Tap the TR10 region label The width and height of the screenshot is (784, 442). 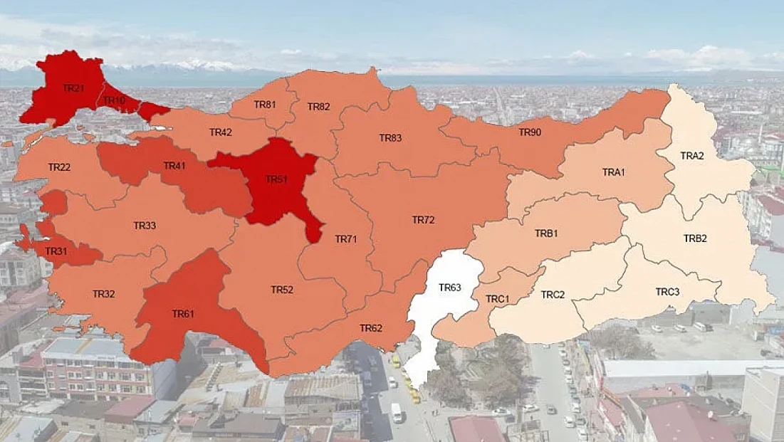click(114, 100)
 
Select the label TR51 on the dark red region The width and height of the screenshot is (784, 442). click(276, 179)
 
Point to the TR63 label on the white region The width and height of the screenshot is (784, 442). click(450, 288)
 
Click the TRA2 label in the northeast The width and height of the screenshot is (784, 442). click(691, 155)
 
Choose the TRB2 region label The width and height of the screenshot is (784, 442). click(695, 238)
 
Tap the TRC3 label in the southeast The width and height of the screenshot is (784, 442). click(667, 292)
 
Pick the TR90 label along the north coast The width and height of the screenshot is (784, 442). click(530, 132)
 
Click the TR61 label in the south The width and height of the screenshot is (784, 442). click(183, 313)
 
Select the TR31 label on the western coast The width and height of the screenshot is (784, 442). click(56, 251)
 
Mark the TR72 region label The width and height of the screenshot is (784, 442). click(423, 220)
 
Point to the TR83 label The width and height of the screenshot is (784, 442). click(390, 137)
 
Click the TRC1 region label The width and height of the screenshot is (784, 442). click(497, 299)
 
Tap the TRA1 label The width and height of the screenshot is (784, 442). click(613, 172)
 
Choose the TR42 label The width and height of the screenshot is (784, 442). click(221, 132)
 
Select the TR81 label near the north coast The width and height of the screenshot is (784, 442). click(265, 104)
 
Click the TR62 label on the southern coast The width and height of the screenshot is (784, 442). click(371, 328)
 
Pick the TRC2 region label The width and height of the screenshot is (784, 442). click(553, 294)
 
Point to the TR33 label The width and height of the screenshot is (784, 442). click(145, 226)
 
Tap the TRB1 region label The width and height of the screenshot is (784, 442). click(546, 233)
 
